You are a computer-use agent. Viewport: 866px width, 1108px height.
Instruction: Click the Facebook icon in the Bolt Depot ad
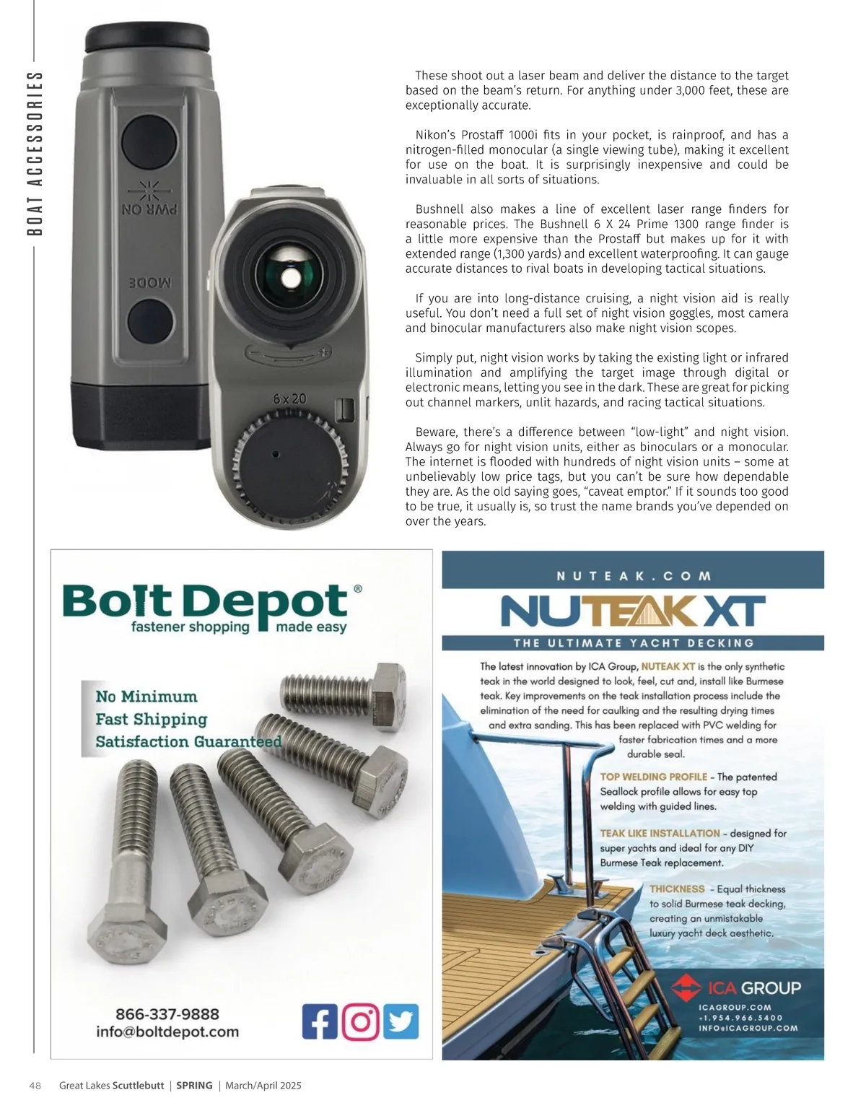320,1021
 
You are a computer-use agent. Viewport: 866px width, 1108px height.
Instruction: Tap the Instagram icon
360,1021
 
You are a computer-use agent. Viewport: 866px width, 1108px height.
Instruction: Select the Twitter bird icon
401,1021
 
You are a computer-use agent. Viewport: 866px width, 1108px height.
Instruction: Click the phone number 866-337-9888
167,1014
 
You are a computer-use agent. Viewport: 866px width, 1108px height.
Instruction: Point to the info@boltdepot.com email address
167,1032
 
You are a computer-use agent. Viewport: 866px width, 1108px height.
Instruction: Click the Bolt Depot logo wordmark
206,602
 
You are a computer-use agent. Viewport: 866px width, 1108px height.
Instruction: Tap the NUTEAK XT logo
633,611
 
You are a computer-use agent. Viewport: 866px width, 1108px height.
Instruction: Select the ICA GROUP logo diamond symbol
686,988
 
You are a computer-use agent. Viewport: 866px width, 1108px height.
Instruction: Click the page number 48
35,1086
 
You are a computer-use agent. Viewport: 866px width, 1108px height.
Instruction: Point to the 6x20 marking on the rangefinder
289,398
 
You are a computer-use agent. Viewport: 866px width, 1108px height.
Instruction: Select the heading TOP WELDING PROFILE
653,777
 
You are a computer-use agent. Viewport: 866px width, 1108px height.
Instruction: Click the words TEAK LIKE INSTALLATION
660,833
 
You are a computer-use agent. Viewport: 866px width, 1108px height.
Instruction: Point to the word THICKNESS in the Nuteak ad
676,889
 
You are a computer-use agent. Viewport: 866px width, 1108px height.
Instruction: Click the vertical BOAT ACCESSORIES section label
35,153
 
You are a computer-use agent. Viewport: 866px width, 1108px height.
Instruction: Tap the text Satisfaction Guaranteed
188,742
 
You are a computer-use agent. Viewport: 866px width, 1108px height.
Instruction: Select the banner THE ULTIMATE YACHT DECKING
633,643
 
